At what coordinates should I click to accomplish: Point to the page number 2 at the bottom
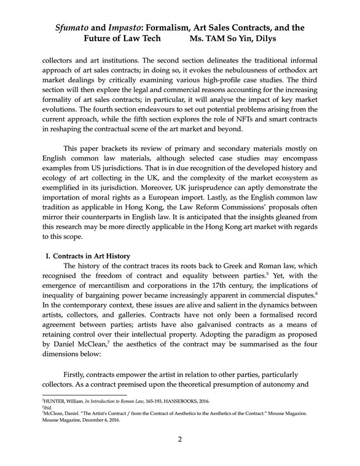[x=179, y=439]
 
